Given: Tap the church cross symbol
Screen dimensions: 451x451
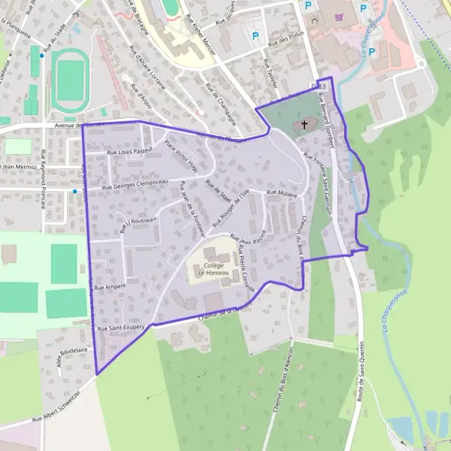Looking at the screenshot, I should coord(304,126).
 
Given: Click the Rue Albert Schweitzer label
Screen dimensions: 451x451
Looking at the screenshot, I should coord(57,413).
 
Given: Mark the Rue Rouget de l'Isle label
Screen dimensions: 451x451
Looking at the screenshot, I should coord(230,208).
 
